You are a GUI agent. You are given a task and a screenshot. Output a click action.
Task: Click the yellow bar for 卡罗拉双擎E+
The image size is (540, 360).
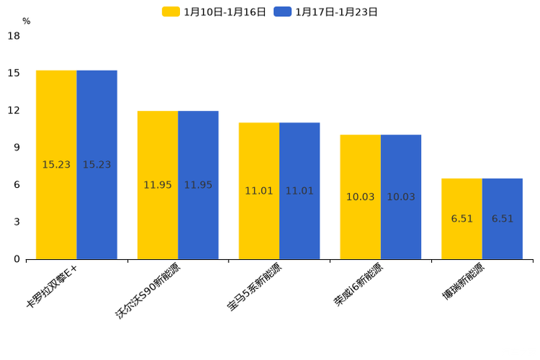point(57,165)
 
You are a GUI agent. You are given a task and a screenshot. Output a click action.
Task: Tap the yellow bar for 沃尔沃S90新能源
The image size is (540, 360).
point(157,185)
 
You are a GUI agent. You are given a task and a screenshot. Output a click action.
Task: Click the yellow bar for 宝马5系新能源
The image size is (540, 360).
point(259,191)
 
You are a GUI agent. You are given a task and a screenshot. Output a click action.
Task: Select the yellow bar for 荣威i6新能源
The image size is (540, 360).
point(360,197)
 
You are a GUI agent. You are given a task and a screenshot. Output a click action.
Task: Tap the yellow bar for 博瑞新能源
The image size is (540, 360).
point(462,218)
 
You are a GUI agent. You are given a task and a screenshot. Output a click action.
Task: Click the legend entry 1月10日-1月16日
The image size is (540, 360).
point(215,12)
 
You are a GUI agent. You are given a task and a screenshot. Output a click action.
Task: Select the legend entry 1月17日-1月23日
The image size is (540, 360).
point(327,12)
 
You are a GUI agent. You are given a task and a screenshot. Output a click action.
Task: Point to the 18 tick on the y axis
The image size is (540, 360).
point(14,36)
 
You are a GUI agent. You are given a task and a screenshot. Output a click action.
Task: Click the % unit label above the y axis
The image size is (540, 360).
point(26,21)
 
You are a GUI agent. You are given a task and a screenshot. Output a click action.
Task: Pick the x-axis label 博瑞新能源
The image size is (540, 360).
point(463,283)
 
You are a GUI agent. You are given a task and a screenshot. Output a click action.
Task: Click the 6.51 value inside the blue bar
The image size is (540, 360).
point(502,218)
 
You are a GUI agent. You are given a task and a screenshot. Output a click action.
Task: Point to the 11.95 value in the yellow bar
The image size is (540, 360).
point(157,185)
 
